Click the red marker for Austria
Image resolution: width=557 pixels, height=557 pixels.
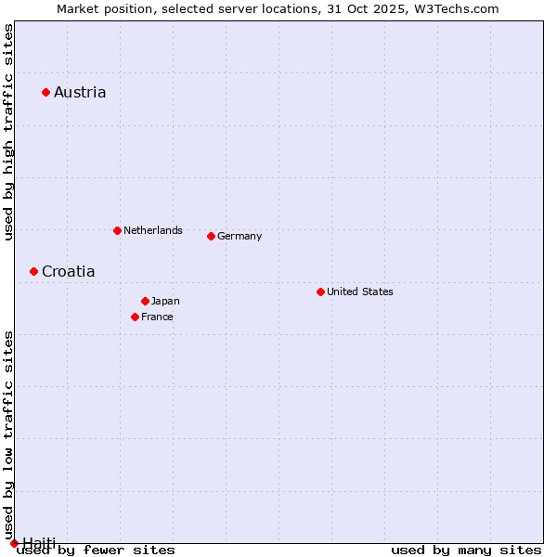tap(45, 92)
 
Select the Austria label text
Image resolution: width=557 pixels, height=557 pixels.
tap(80, 92)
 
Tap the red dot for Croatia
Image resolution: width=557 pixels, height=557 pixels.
tap(33, 271)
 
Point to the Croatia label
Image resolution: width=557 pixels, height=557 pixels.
tap(68, 272)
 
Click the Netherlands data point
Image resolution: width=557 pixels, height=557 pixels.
tap(117, 230)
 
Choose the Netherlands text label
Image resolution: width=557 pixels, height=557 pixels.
tap(153, 230)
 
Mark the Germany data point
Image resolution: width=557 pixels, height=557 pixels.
tap(211, 236)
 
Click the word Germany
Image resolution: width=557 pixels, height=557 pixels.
tap(240, 236)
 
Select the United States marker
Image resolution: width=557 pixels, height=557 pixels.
tap(320, 291)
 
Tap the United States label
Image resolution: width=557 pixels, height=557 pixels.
tap(360, 291)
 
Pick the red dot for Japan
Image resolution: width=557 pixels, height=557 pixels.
tap(145, 301)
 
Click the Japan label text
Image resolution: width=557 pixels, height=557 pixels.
tap(165, 301)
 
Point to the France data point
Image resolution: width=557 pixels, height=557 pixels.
tap(135, 317)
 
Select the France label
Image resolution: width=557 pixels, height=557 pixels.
tap(157, 317)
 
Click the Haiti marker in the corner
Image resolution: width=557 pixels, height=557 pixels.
tap(13, 543)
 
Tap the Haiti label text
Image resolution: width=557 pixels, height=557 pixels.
tap(39, 543)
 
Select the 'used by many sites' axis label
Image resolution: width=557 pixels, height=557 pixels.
tap(466, 551)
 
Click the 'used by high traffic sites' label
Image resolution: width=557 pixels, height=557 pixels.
tap(9, 132)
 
